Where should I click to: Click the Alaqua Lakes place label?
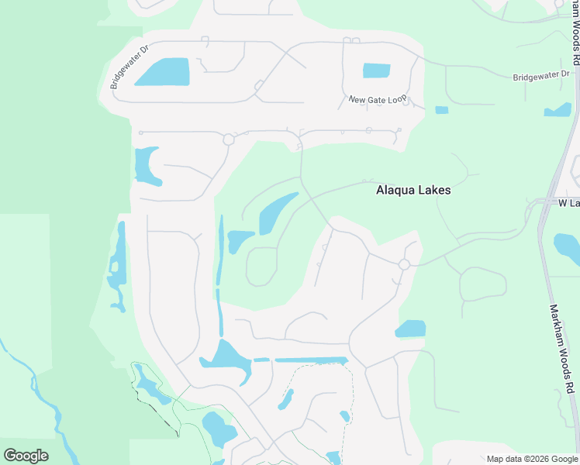tap(413, 189)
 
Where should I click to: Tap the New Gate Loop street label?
tap(377, 99)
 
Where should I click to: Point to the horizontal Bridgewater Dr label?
tap(541, 76)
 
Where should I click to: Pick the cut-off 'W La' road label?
tap(569, 202)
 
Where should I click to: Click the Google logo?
tap(26, 455)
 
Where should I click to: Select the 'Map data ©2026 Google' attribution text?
tap(532, 459)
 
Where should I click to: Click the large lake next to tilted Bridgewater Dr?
tap(163, 72)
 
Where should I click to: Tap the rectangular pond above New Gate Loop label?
tap(376, 71)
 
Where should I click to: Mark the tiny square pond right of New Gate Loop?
tap(441, 110)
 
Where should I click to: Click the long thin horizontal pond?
tap(310, 360)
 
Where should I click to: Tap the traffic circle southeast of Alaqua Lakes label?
tap(404, 264)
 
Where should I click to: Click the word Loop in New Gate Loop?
tap(395, 100)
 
